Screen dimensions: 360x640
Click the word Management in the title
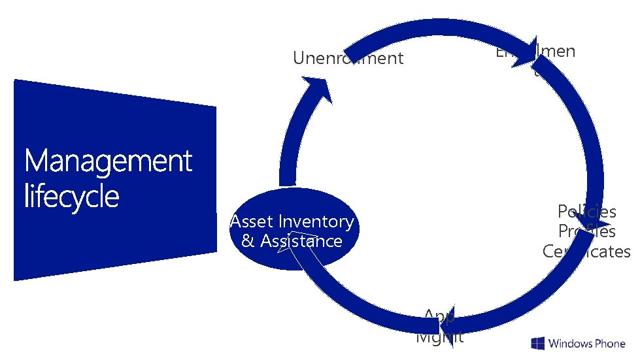(x=109, y=161)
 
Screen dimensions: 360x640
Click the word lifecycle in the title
(x=72, y=196)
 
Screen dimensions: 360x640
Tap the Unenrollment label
(x=348, y=58)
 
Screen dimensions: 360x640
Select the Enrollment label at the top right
(x=535, y=52)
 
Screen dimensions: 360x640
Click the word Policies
(x=586, y=211)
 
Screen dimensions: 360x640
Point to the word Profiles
(x=586, y=231)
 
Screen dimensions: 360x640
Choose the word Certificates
(x=586, y=252)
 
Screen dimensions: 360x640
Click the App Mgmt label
(x=439, y=327)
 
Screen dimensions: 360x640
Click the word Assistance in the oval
(x=301, y=241)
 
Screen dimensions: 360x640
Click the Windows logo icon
(x=538, y=344)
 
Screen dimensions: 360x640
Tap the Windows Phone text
(x=586, y=344)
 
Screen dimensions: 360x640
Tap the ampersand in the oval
(x=248, y=241)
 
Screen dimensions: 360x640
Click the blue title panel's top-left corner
(x=15, y=80)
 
